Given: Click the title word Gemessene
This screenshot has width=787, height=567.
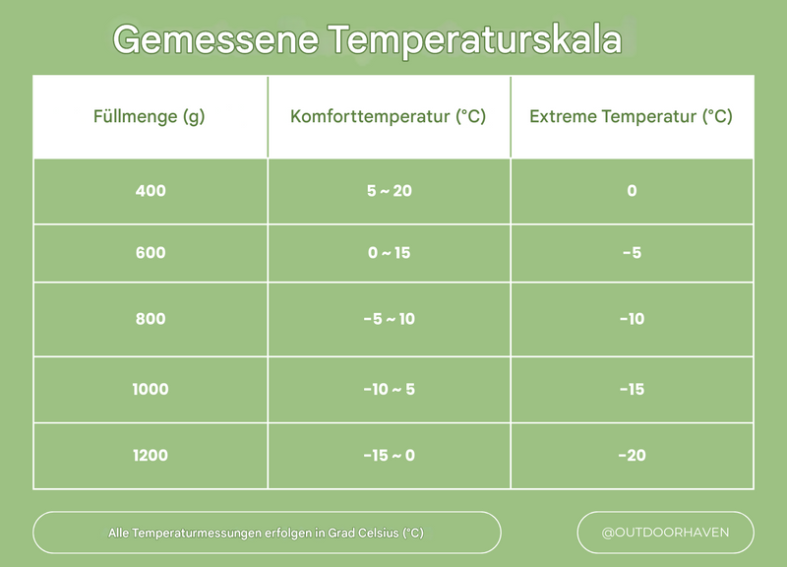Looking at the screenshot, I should pyautogui.click(x=214, y=40).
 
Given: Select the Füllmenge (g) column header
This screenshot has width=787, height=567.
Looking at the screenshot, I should pyautogui.click(x=150, y=116).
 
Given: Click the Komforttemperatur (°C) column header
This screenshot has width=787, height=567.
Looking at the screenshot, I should pyautogui.click(x=389, y=116).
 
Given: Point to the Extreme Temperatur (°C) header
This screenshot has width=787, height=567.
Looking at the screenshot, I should pyautogui.click(x=631, y=116).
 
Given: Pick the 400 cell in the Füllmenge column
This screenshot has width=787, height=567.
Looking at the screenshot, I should pyautogui.click(x=151, y=191).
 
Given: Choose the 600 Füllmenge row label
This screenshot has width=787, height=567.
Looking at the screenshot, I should pyautogui.click(x=151, y=253).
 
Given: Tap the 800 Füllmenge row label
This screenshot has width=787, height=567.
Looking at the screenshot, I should pyautogui.click(x=151, y=319).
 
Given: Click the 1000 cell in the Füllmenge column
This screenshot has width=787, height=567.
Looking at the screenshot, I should pyautogui.click(x=151, y=389).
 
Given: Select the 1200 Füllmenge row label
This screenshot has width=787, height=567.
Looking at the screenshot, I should pyautogui.click(x=151, y=455).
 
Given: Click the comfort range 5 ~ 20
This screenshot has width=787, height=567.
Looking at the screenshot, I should pyautogui.click(x=389, y=191).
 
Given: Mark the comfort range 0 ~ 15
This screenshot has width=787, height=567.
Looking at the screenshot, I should pyautogui.click(x=389, y=253).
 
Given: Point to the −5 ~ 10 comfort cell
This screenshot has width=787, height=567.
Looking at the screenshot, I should pyautogui.click(x=389, y=319).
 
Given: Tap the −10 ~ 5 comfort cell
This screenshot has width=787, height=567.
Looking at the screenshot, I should pyautogui.click(x=389, y=389).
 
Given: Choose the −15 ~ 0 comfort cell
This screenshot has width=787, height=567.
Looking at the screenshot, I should pyautogui.click(x=389, y=455).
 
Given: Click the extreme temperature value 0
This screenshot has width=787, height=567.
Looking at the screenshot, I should pyautogui.click(x=632, y=191).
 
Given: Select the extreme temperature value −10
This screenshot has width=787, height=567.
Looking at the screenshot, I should pyautogui.click(x=632, y=319).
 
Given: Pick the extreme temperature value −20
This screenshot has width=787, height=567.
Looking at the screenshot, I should pyautogui.click(x=632, y=455).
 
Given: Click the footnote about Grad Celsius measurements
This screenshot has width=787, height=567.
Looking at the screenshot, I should pyautogui.click(x=266, y=533).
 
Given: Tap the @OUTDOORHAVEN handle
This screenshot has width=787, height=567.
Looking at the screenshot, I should pyautogui.click(x=665, y=533).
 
